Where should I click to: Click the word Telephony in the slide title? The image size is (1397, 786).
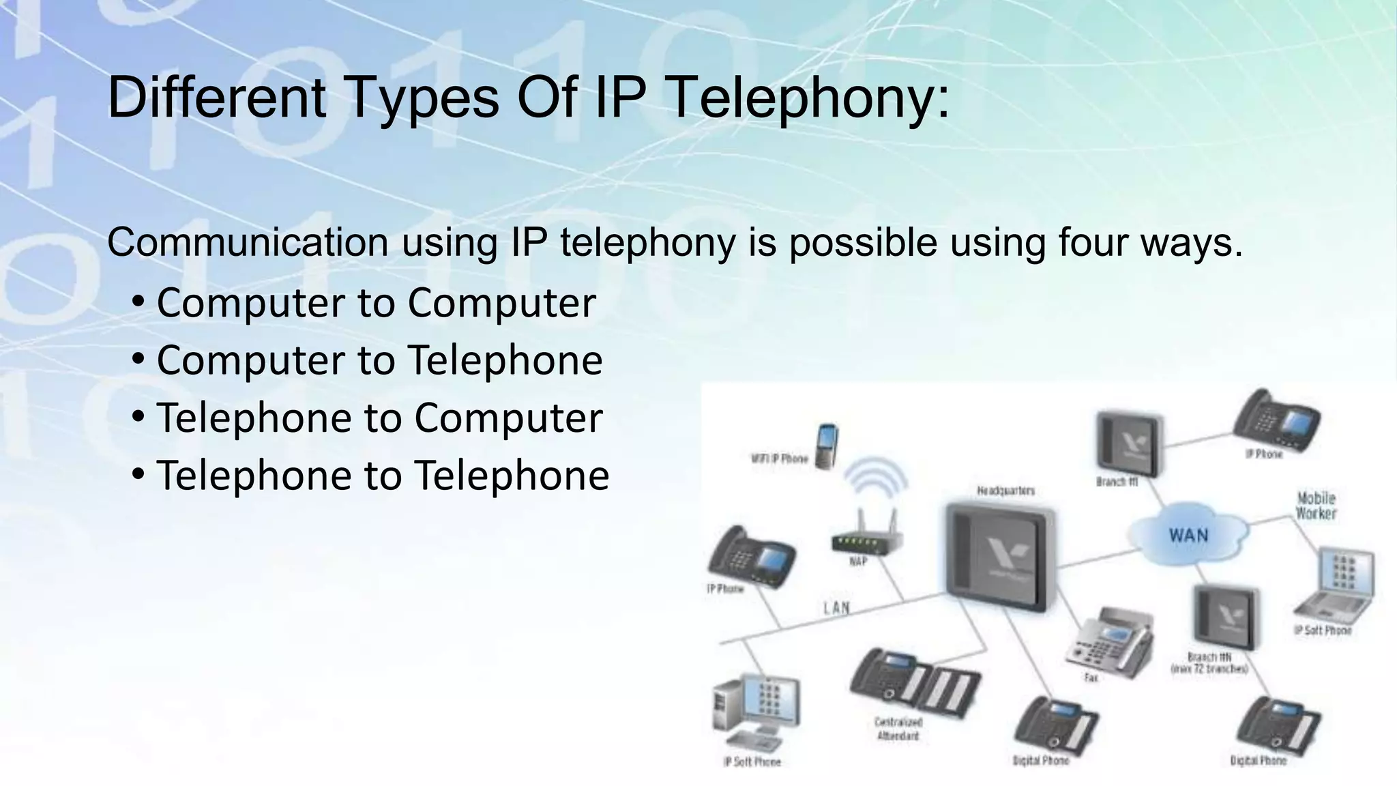pyautogui.click(x=806, y=99)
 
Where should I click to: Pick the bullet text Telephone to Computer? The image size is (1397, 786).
pyautogui.click(x=379, y=418)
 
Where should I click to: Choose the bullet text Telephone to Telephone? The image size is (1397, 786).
pyautogui.click(x=383, y=475)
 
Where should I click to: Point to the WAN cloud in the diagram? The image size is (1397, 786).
pyautogui.click(x=1188, y=535)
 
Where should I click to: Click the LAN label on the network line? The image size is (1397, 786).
pyautogui.click(x=836, y=608)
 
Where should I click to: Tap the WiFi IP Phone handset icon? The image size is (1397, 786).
pyautogui.click(x=827, y=446)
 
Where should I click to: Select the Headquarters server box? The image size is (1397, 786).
pyautogui.click(x=999, y=556)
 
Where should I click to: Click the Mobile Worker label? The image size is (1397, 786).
pyautogui.click(x=1316, y=506)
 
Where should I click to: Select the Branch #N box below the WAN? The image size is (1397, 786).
pyautogui.click(x=1225, y=617)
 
